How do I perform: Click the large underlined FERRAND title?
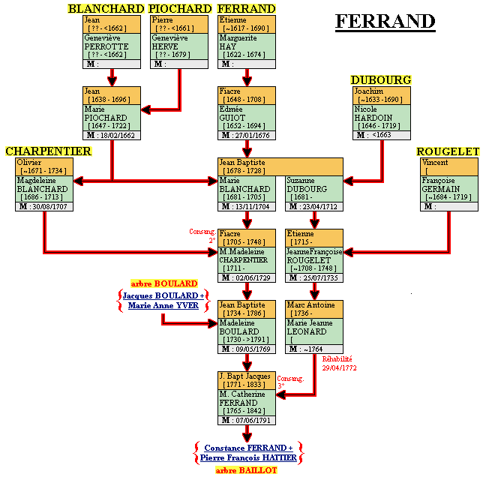(x=385, y=22)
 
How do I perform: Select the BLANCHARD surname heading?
(x=106, y=8)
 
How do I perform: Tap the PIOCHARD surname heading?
(x=180, y=8)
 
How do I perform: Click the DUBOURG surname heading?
(x=381, y=80)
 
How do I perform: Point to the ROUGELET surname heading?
(x=448, y=151)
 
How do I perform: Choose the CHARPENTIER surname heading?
(x=48, y=151)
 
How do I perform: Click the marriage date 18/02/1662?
(x=115, y=136)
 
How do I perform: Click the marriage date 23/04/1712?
(x=318, y=206)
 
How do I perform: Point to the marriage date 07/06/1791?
(x=250, y=420)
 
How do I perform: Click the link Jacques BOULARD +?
(x=164, y=295)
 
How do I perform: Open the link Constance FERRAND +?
(x=248, y=448)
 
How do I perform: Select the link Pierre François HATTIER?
(x=248, y=457)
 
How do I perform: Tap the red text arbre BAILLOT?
(x=247, y=470)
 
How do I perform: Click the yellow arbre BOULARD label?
(x=164, y=283)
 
